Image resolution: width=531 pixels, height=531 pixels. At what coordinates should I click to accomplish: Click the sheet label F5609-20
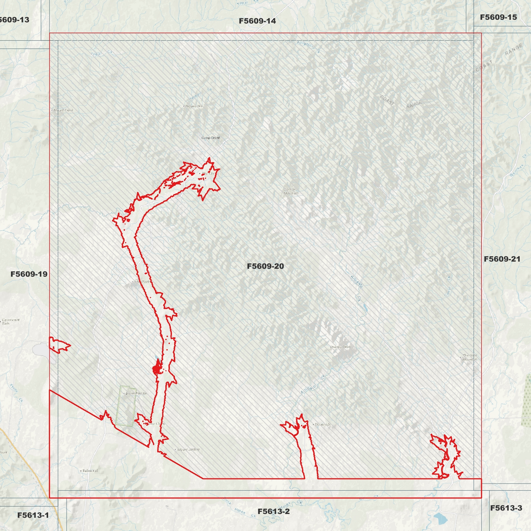tap(265, 266)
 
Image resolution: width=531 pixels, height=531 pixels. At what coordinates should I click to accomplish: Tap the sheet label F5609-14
tap(257, 21)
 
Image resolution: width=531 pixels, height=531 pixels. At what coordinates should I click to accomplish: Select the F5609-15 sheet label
tap(498, 17)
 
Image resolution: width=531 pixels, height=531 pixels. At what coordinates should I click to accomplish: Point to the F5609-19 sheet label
tap(29, 274)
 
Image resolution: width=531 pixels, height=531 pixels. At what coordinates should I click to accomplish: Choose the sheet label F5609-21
tap(502, 259)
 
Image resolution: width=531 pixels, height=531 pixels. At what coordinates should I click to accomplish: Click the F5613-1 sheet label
tap(33, 515)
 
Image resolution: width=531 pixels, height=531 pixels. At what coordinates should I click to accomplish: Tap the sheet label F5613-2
tap(273, 512)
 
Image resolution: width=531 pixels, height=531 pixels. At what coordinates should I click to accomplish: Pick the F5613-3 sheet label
tap(506, 508)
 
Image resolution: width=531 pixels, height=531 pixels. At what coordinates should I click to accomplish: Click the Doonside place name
tap(323, 424)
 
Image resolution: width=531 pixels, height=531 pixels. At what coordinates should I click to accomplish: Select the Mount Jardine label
tap(189, 449)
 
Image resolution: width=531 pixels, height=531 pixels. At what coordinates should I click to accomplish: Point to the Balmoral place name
tap(90, 471)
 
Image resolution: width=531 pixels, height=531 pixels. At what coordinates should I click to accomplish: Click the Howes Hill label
tap(194, 106)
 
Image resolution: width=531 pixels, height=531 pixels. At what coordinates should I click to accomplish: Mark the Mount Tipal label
tap(63, 110)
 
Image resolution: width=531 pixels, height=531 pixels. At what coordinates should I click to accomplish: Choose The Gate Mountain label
tap(470, 357)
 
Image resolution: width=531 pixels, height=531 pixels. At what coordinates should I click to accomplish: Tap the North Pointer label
tap(136, 394)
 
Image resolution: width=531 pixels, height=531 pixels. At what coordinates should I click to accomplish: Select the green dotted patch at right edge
tap(526, 401)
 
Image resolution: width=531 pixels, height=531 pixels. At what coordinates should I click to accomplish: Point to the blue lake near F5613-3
tap(440, 519)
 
